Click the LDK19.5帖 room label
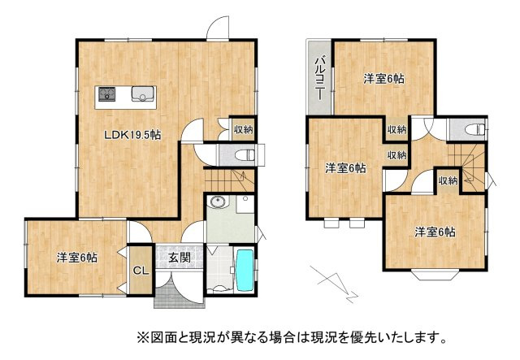(x=131, y=135)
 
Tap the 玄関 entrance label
(x=180, y=258)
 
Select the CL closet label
(x=139, y=270)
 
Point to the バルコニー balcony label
(x=319, y=78)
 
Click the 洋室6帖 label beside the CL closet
(x=77, y=258)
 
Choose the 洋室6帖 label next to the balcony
(x=383, y=79)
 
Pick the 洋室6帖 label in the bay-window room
(x=435, y=232)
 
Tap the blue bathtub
(x=244, y=271)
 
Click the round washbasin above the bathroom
(x=217, y=202)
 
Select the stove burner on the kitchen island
(x=106, y=94)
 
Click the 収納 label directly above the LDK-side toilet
(x=242, y=129)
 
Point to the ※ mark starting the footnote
(x=141, y=336)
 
